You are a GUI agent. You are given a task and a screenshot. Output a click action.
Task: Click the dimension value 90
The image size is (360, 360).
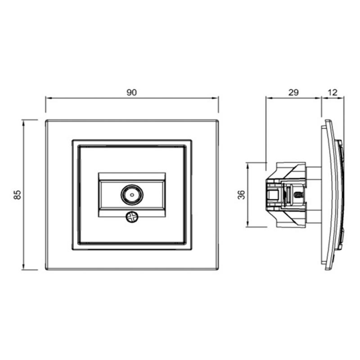[131, 93]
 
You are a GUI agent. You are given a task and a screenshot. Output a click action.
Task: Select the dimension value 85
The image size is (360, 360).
[18, 195]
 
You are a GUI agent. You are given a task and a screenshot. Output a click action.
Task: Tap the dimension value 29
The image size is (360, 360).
[293, 93]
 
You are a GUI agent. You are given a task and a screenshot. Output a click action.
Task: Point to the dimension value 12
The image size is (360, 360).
[333, 93]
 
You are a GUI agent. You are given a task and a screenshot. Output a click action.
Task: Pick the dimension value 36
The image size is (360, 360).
[242, 195]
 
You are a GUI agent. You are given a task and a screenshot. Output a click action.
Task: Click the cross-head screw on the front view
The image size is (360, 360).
[132, 217]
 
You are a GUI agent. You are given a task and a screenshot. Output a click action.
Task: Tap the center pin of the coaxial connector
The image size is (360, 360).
[132, 195]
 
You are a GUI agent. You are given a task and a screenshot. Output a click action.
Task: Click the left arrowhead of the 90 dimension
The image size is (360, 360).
[48, 98]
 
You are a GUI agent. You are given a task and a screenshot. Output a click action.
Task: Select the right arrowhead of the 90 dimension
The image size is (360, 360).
[216, 98]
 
